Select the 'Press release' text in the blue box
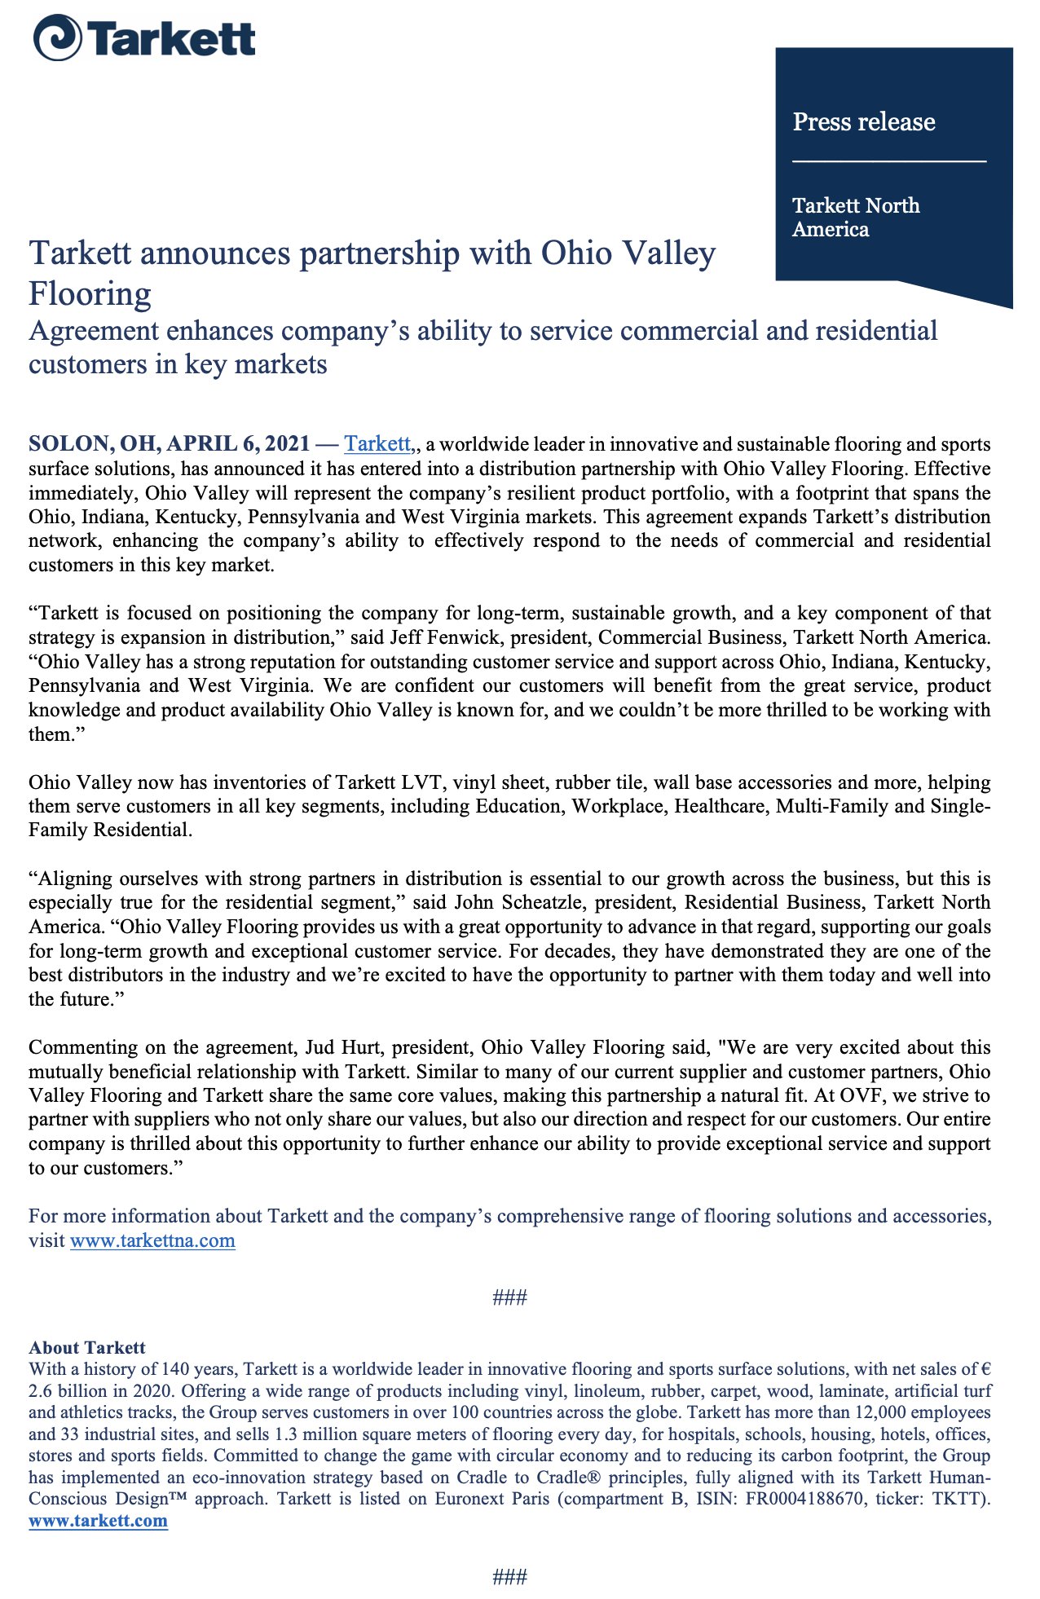pyautogui.click(x=863, y=122)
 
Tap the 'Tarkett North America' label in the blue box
pyautogui.click(x=855, y=217)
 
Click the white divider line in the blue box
pyautogui.click(x=888, y=161)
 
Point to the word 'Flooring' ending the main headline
pyautogui.click(x=90, y=293)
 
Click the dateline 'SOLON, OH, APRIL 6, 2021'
pyautogui.click(x=169, y=444)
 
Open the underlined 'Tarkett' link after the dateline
pyautogui.click(x=377, y=444)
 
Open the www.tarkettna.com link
pyautogui.click(x=152, y=1240)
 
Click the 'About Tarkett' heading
pyautogui.click(x=87, y=1347)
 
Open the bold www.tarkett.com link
pyautogui.click(x=98, y=1521)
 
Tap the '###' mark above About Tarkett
pyautogui.click(x=510, y=1297)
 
